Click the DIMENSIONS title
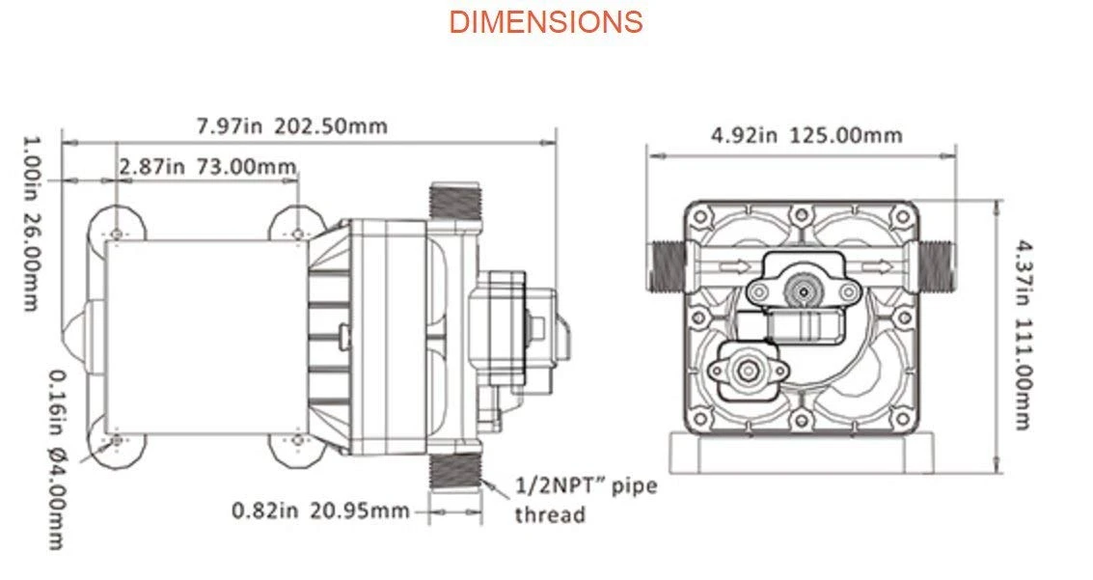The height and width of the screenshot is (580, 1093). point(545,21)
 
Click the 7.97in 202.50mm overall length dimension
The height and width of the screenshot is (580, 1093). point(292,125)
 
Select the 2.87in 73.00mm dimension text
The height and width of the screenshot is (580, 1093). point(207,166)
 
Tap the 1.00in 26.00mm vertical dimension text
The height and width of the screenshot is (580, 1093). point(31,222)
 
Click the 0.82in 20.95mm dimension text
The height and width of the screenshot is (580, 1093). point(320,511)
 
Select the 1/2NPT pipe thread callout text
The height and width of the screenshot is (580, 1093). point(585,499)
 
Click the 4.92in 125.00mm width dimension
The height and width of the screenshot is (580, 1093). point(806,134)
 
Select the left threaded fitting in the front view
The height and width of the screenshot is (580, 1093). point(665,263)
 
